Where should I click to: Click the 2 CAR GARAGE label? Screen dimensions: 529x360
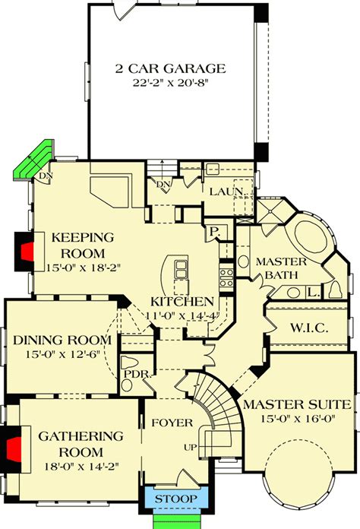[170, 68]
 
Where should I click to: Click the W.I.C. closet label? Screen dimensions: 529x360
[307, 328]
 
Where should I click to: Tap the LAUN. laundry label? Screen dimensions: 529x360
[226, 191]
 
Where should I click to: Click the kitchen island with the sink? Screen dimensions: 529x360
[181, 269]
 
